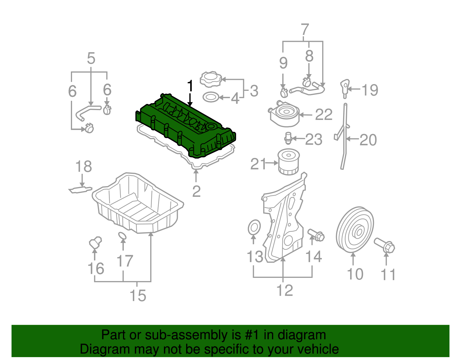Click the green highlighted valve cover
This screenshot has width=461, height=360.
click(184, 127)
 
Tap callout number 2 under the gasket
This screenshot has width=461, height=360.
click(196, 191)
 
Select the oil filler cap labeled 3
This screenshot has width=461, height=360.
click(211, 79)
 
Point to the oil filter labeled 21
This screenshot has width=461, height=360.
click(288, 162)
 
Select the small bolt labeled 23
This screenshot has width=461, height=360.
click(288, 138)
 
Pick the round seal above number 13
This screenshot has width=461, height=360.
click(254, 228)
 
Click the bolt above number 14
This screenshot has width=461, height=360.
click(316, 235)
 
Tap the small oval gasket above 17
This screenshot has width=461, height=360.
click(122, 236)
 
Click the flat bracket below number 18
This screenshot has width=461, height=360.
click(80, 190)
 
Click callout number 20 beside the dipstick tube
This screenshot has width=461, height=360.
click(368, 140)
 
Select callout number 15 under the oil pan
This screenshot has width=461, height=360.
click(138, 296)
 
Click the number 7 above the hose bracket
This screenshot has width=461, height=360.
click(305, 30)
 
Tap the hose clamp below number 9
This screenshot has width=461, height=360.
click(284, 93)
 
